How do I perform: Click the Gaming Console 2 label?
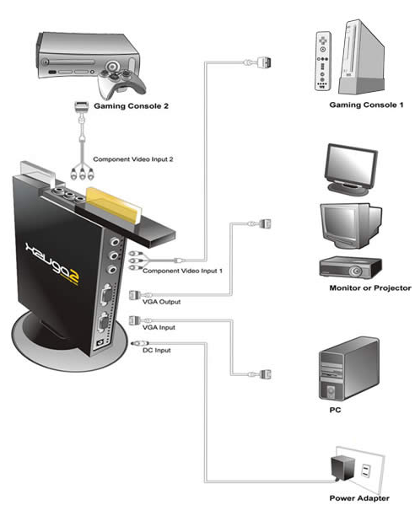pyautogui.click(x=131, y=106)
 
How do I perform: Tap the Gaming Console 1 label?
pyautogui.click(x=366, y=105)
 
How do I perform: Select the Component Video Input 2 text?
pyautogui.click(x=133, y=159)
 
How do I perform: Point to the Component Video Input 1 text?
pyautogui.click(x=182, y=271)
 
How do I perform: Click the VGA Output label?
pyautogui.click(x=161, y=302)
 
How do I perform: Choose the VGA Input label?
pyautogui.click(x=159, y=327)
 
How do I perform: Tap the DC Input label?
pyautogui.click(x=157, y=350)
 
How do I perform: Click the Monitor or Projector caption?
pyautogui.click(x=370, y=288)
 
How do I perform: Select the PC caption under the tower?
pyautogui.click(x=335, y=410)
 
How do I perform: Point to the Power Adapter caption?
pyautogui.click(x=359, y=498)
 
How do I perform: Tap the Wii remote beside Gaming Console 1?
pyautogui.click(x=323, y=61)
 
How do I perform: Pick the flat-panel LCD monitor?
pyautogui.click(x=351, y=169)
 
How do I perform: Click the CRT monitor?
pyautogui.click(x=351, y=226)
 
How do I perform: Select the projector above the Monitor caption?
pyautogui.click(x=351, y=267)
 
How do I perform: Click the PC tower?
pyautogui.click(x=348, y=368)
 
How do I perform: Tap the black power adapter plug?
pyautogui.click(x=342, y=469)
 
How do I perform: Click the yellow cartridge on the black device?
pyautogui.click(x=113, y=207)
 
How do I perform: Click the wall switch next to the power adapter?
pyautogui.click(x=365, y=471)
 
